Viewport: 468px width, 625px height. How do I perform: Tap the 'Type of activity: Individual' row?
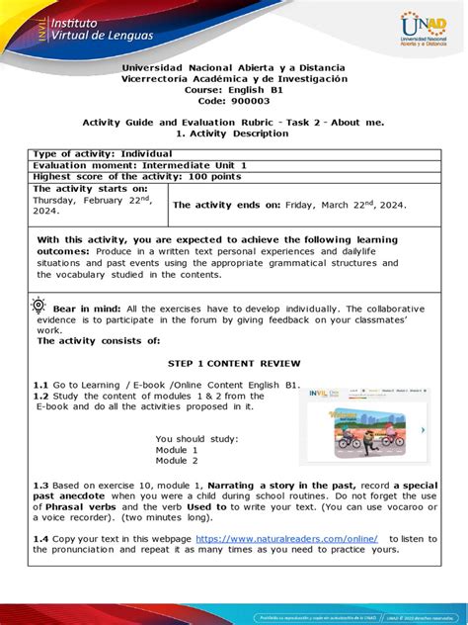[x=104, y=154]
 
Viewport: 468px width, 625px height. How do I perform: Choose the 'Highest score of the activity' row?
[x=128, y=176]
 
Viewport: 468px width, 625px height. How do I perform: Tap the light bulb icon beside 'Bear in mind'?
[x=39, y=305]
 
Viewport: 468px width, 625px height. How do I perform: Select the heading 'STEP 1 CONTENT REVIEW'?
[x=234, y=364]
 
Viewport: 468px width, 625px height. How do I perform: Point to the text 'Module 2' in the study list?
[x=177, y=461]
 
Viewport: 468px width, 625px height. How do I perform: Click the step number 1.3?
[x=40, y=486]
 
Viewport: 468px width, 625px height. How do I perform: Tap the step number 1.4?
[x=40, y=539]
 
